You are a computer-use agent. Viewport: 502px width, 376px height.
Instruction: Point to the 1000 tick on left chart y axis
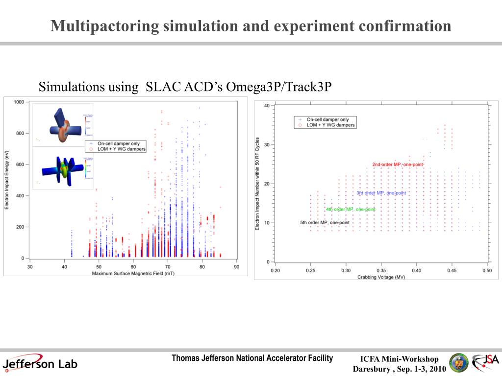point(19,102)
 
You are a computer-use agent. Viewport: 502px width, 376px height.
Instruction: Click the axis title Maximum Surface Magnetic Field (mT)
point(133,273)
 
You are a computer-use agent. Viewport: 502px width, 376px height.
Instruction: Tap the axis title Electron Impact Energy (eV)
point(7,180)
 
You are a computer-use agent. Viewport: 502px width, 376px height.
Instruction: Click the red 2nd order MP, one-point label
point(397,164)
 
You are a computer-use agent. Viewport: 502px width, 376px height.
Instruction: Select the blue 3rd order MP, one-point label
point(381,193)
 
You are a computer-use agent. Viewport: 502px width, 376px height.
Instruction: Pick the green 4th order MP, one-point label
point(351,210)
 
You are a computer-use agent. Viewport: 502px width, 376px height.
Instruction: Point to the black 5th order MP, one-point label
point(325,223)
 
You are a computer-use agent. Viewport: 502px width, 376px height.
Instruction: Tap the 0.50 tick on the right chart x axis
point(486,270)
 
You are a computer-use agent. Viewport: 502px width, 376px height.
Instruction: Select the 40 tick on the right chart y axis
point(266,105)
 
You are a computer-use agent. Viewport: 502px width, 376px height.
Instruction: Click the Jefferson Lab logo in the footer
point(40,364)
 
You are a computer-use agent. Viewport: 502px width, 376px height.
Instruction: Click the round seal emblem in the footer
point(459,363)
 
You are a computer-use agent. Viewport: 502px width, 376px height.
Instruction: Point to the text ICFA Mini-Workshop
point(400,359)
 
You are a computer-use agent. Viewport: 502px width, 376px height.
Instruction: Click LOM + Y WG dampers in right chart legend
point(330,125)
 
